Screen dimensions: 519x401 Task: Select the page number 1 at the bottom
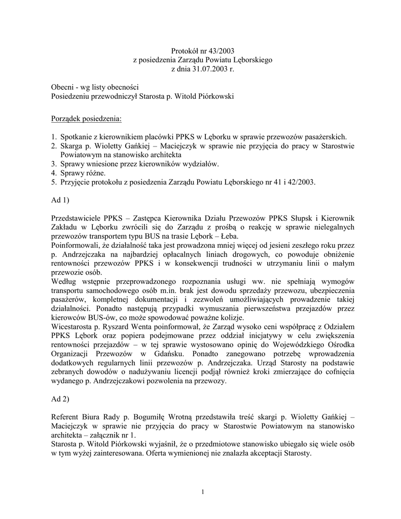click(202, 492)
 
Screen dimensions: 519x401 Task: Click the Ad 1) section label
click(60, 201)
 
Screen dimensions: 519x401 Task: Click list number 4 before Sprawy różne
click(54, 173)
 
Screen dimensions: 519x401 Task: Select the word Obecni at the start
click(62, 87)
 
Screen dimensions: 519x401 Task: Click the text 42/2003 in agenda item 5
click(304, 182)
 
